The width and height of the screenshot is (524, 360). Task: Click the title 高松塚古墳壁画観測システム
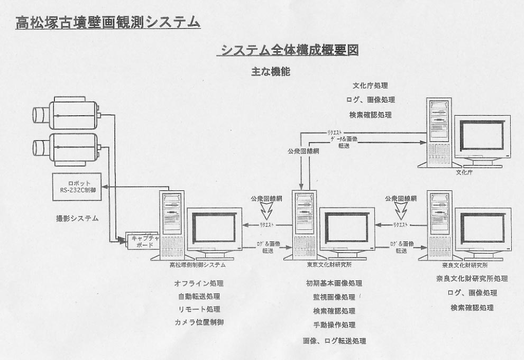point(108,22)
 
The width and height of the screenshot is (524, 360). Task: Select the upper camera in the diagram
point(67,113)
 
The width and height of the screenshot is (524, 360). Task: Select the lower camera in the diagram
point(67,144)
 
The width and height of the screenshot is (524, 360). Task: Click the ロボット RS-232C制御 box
point(78,187)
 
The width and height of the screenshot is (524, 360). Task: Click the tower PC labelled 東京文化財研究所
point(306,225)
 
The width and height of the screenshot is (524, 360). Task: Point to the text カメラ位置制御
point(199,322)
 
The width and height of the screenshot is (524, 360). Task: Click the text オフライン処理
point(199,283)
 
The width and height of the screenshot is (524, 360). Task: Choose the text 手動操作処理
point(334,325)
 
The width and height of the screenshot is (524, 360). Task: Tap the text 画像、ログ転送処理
point(334,341)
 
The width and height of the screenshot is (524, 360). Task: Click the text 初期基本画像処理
point(334,283)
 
